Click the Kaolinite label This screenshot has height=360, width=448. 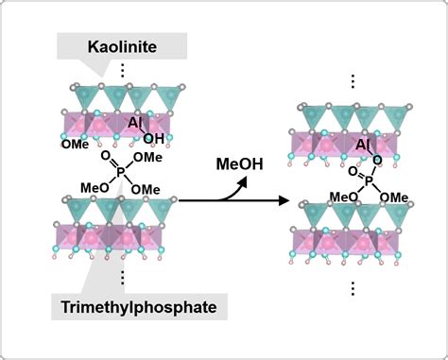123,45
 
